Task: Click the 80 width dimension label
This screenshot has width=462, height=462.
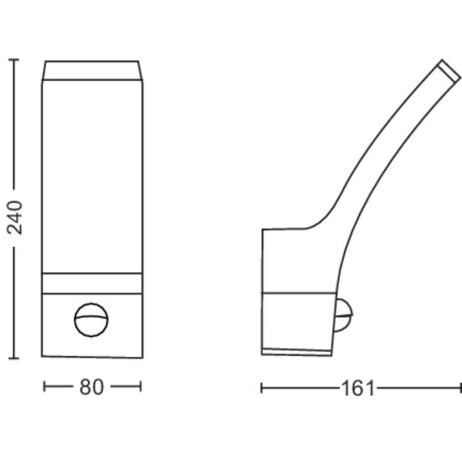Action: pyautogui.click(x=92, y=387)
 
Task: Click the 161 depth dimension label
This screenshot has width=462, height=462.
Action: pyautogui.click(x=357, y=388)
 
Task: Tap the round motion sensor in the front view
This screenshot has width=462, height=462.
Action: pyautogui.click(x=91, y=320)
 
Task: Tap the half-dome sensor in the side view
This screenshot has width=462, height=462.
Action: pyautogui.click(x=343, y=315)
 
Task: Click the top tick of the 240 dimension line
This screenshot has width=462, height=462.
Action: pyautogui.click(x=14, y=60)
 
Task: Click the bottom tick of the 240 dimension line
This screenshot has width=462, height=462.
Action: pyautogui.click(x=14, y=358)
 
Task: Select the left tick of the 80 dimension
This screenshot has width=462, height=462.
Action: pyautogui.click(x=44, y=386)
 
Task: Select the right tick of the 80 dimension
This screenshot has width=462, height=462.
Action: pyautogui.click(x=141, y=386)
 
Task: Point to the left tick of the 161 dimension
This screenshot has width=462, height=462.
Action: pyautogui.click(x=262, y=388)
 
